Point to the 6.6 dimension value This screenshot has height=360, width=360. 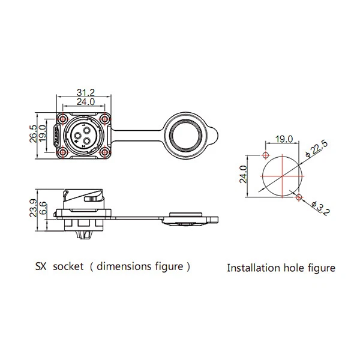coord(43,209)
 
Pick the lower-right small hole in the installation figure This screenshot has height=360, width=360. coord(299,196)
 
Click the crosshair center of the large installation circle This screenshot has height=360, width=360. coord(283,176)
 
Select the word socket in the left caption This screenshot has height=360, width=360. coord(68,266)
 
